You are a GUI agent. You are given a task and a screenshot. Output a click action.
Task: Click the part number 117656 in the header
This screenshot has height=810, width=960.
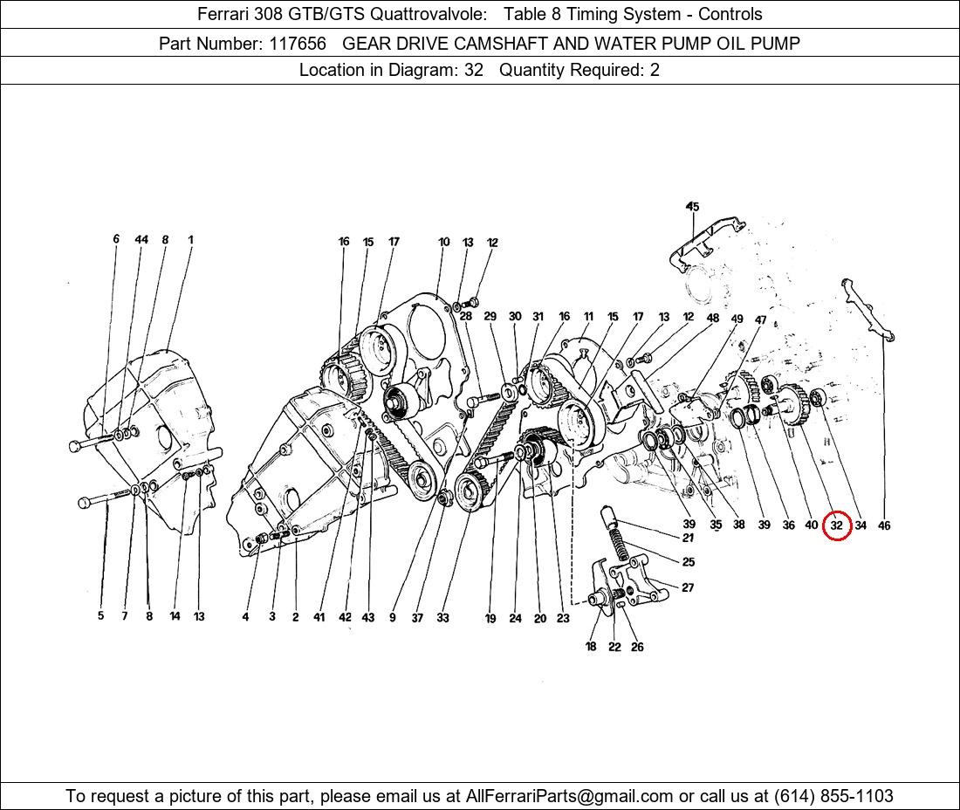[x=297, y=44]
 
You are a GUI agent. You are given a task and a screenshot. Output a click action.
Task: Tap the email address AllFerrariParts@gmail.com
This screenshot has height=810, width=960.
[x=569, y=796]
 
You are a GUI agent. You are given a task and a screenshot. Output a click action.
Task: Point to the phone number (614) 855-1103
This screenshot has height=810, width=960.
[x=833, y=796]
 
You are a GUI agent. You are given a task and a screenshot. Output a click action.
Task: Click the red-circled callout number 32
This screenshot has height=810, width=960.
[x=836, y=525]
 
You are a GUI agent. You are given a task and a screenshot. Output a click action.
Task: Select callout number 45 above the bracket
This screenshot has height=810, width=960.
[x=692, y=207]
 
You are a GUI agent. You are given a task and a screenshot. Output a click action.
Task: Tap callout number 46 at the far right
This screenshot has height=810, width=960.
[x=884, y=525]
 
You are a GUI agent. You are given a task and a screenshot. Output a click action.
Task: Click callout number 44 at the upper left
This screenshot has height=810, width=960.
[x=141, y=239]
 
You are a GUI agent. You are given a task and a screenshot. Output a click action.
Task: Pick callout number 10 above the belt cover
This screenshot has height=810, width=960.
[x=444, y=242]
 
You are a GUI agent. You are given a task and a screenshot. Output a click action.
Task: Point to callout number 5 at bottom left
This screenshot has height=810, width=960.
[x=101, y=616]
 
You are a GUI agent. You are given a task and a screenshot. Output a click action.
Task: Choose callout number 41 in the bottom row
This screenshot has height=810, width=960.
[x=319, y=617]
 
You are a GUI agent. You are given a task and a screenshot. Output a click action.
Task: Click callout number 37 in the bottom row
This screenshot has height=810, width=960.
[x=417, y=618]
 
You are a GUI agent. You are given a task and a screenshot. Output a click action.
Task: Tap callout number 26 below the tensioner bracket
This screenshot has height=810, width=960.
[x=637, y=647]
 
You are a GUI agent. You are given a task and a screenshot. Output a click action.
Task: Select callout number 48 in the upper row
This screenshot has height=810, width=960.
[x=713, y=319]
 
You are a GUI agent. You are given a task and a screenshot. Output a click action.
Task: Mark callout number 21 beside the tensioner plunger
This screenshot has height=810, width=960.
[x=689, y=538]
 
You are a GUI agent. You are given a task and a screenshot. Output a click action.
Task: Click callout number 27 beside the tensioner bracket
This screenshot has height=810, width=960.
[x=689, y=587]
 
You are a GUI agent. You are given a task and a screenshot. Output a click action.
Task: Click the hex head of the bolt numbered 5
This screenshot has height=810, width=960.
[x=86, y=503]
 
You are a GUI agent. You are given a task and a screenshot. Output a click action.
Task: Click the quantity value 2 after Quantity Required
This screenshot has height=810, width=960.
[x=655, y=70]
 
